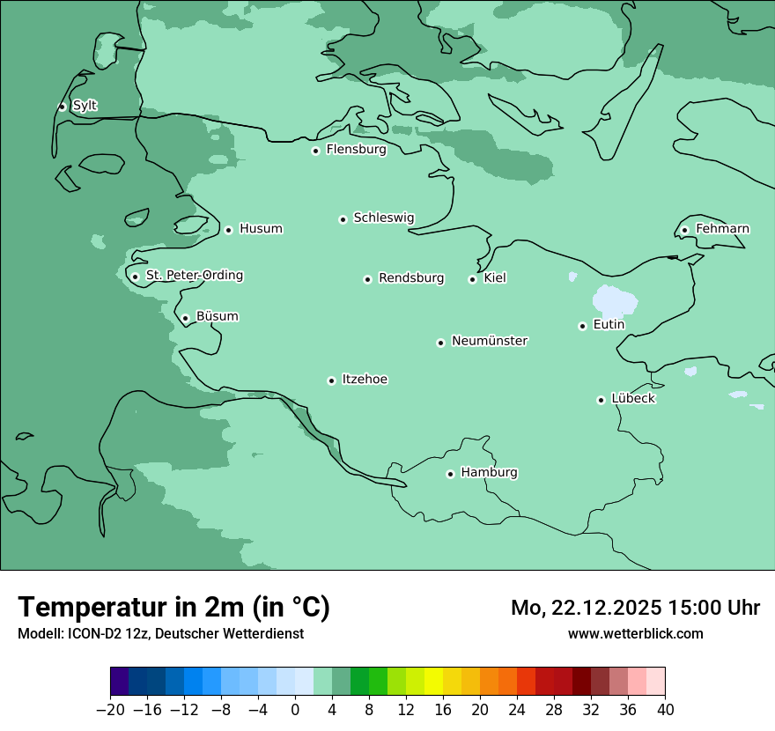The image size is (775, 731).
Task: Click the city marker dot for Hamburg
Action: tap(450, 474)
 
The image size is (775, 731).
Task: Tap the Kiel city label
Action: tap(495, 278)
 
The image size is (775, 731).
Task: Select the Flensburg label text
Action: tap(356, 150)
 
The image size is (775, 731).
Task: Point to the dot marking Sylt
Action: tap(62, 107)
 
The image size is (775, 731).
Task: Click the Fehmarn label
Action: tap(722, 229)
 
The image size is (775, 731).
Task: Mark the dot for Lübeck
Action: tap(601, 400)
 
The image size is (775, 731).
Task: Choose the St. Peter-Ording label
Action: tap(194, 276)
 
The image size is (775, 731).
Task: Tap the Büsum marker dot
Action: tap(185, 318)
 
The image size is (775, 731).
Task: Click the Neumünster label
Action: tap(490, 341)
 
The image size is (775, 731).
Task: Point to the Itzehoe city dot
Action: tap(331, 380)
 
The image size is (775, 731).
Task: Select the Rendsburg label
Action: tap(411, 278)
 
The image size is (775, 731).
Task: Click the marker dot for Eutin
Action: tap(582, 326)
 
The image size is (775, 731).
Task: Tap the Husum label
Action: tap(261, 229)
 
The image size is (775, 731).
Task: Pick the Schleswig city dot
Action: tap(343, 219)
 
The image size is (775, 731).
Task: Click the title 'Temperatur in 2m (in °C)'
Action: tap(173, 608)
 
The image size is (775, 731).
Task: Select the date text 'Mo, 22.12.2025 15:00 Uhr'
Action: tap(635, 608)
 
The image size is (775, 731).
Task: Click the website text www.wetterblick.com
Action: tap(635, 633)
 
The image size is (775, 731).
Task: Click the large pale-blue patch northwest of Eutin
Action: tap(615, 300)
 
